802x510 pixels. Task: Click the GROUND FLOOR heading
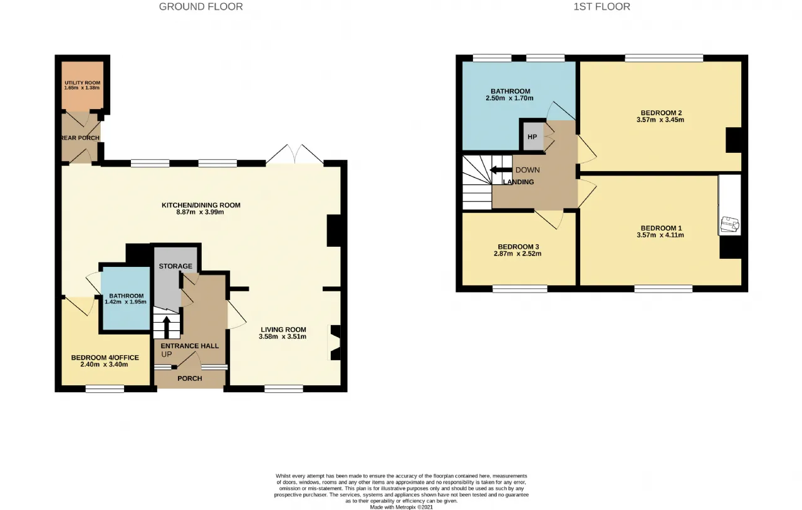pos(201,7)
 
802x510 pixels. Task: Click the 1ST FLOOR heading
pos(602,7)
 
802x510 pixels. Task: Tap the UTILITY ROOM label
pos(82,83)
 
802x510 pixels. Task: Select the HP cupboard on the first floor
pos(533,137)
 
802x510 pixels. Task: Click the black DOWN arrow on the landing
pos(501,170)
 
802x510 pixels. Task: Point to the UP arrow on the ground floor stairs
pos(167,326)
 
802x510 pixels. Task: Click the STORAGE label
pos(175,266)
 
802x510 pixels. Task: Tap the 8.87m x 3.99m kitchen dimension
pos(200,212)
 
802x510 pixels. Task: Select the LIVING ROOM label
pos(283,330)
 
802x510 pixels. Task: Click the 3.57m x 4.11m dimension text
pos(660,236)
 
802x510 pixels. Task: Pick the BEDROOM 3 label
pos(518,247)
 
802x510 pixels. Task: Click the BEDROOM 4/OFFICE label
pos(105,357)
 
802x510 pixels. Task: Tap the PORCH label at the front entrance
pos(190,378)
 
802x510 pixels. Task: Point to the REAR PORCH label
pos(80,138)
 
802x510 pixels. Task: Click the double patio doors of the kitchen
pos(294,155)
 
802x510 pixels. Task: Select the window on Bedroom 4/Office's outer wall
pos(105,389)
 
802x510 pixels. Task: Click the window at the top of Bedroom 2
pos(664,58)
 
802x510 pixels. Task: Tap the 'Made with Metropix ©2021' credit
pos(402,507)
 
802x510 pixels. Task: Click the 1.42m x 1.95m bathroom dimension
pos(126,302)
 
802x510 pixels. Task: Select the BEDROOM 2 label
pos(660,113)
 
